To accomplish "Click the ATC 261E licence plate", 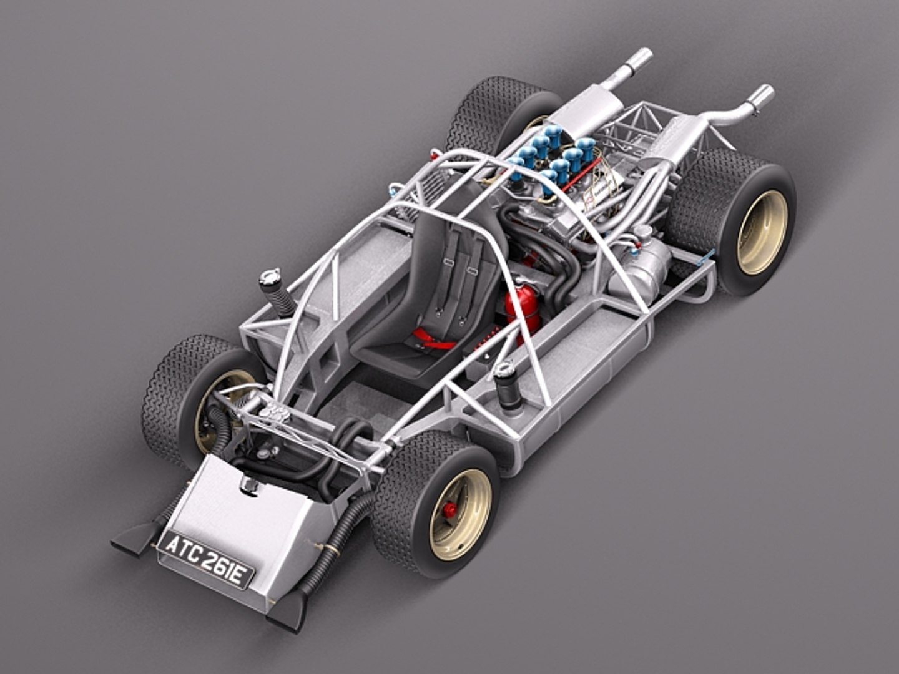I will [206, 559].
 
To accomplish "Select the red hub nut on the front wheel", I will [449, 510].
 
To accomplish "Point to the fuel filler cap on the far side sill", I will [270, 278].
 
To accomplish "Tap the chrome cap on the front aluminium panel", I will [248, 484].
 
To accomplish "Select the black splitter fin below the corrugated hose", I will [288, 609].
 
